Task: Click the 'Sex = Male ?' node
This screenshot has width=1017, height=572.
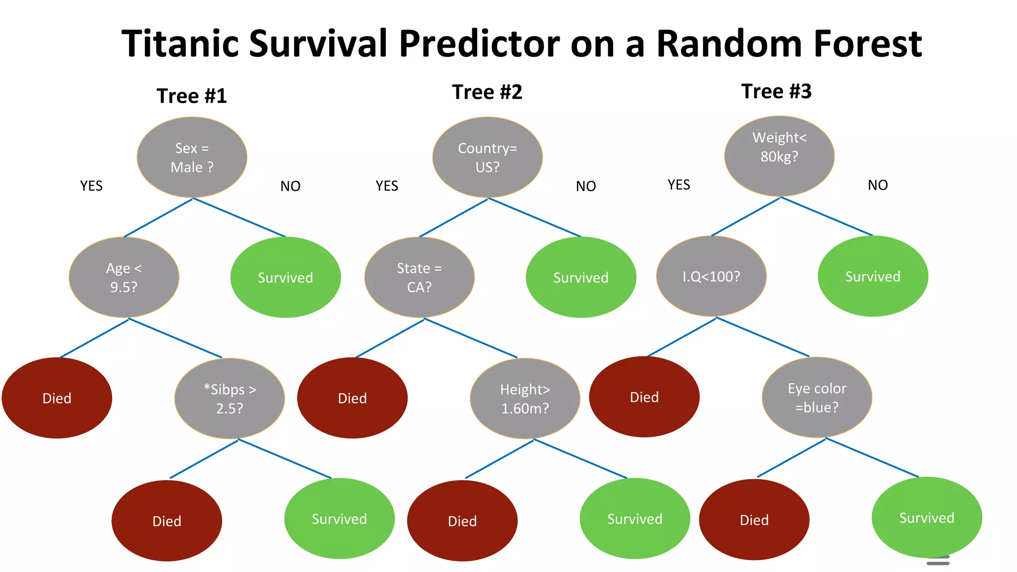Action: [x=192, y=157]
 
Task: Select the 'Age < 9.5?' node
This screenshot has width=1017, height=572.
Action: [x=124, y=277]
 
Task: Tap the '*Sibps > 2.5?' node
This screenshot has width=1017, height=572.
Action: [x=229, y=398]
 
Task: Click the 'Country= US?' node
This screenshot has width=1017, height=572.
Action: [x=487, y=157]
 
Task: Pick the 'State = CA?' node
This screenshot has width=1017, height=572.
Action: [x=419, y=277]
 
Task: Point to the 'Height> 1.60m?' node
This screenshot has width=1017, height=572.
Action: [x=525, y=398]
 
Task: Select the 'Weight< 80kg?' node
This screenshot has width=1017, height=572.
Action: [x=779, y=156]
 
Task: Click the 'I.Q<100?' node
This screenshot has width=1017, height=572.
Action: [x=711, y=276]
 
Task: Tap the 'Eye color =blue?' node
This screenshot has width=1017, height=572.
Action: [x=817, y=397]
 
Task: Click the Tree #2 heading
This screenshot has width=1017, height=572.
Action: [x=487, y=92]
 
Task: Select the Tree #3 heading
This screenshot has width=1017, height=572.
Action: [x=776, y=91]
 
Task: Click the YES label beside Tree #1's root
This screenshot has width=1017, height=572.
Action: [x=91, y=186]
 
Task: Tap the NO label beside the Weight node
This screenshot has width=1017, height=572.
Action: [x=877, y=185]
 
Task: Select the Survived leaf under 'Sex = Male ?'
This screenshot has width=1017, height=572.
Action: [x=286, y=277]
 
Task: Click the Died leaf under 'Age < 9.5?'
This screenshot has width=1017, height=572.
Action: [x=57, y=398]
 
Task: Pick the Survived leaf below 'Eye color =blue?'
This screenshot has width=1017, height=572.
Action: [x=927, y=517]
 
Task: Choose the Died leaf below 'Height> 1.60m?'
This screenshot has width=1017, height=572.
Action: [x=462, y=520]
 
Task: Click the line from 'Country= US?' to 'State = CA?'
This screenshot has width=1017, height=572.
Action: [x=453, y=218]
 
